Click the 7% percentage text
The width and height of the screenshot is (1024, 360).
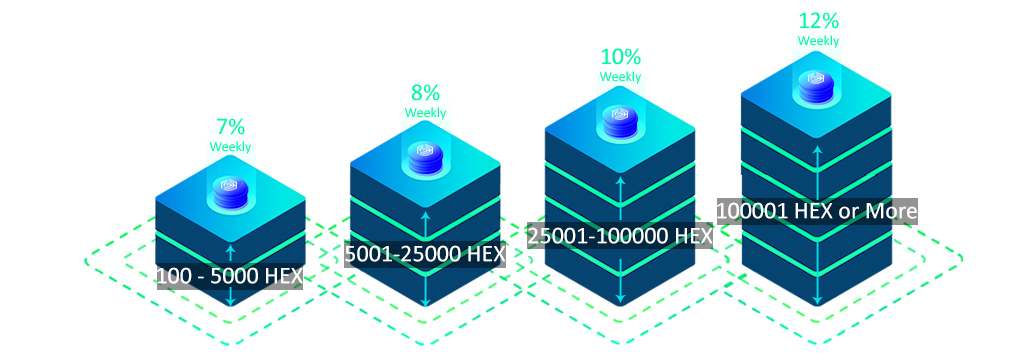[x=230, y=127]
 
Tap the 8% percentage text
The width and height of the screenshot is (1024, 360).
[x=425, y=93]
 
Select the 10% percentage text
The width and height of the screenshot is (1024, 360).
[x=620, y=57]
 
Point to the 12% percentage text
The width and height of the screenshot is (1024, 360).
[x=818, y=21]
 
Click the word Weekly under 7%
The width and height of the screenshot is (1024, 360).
[x=230, y=146]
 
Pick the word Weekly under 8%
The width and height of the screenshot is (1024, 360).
[x=425, y=112]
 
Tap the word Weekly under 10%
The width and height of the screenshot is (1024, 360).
[x=620, y=76]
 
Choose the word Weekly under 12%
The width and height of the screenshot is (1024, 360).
[x=818, y=41]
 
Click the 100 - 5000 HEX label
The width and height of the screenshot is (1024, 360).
[x=230, y=277]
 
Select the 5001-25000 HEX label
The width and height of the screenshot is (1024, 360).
[x=425, y=254]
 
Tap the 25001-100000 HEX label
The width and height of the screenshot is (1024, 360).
[x=620, y=236]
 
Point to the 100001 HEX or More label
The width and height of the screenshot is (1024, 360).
[x=817, y=211]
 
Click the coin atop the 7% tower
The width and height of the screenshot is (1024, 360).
[x=231, y=190]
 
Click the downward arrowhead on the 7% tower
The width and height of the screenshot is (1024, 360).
[x=230, y=302]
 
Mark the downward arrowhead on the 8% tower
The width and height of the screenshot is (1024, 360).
[x=426, y=302]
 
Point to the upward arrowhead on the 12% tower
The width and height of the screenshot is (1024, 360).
[x=817, y=150]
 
